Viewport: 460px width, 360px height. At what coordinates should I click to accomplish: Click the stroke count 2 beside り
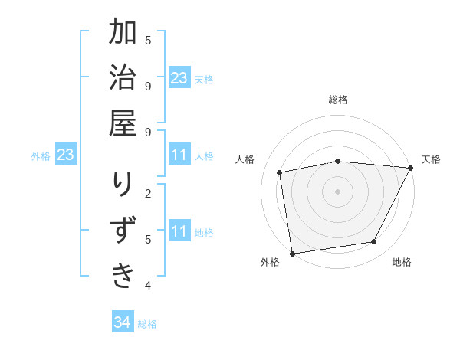coord(148,192)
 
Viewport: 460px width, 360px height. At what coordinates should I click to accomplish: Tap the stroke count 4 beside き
coord(148,286)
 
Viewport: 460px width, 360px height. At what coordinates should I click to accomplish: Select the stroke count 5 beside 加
coord(148,40)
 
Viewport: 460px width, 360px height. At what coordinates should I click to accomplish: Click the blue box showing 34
coord(122,322)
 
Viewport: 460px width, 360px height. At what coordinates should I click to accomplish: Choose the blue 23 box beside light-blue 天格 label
coord(179,77)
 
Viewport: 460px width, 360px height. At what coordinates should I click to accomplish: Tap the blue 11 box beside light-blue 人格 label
coord(179,155)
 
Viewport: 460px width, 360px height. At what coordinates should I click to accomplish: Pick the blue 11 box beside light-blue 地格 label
coord(179,231)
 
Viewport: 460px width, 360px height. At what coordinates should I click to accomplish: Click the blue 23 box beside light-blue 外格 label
coord(66,155)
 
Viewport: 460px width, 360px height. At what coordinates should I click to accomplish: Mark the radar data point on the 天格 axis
coord(410,168)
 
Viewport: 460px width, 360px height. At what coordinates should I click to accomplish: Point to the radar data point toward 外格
coord(292,253)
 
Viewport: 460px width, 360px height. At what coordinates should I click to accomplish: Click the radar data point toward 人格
coord(280,172)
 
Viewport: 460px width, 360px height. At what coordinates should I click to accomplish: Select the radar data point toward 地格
coord(374,242)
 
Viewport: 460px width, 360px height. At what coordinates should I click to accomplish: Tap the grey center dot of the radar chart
coord(337,191)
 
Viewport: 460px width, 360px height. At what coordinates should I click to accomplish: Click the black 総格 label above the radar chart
coord(338,100)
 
